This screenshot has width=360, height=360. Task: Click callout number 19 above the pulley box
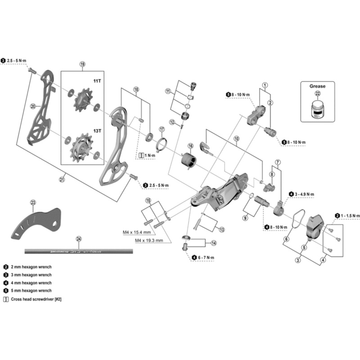tap(82, 64)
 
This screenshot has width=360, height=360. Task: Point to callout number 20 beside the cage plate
tap(32, 107)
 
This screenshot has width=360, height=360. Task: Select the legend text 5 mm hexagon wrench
tap(32, 291)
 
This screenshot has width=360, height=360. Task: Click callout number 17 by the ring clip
tap(162, 130)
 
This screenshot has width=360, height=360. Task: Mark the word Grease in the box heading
tap(317, 85)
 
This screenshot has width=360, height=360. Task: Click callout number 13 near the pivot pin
tap(222, 229)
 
